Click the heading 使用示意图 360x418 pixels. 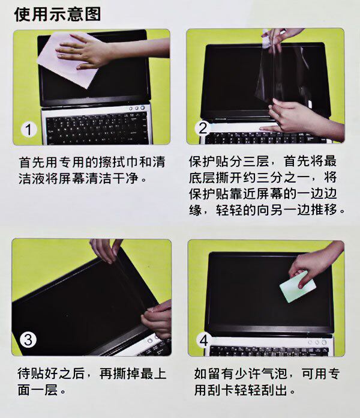[57, 14]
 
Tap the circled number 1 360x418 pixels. [28, 130]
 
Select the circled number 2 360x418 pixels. [203, 128]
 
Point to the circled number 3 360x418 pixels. [28, 340]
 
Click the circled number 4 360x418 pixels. [204, 341]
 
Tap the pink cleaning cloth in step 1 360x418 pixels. [67, 60]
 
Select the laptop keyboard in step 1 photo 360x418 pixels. [97, 129]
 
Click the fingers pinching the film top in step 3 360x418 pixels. [107, 250]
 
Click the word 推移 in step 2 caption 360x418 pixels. [324, 210]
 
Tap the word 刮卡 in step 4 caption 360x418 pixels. [221, 390]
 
